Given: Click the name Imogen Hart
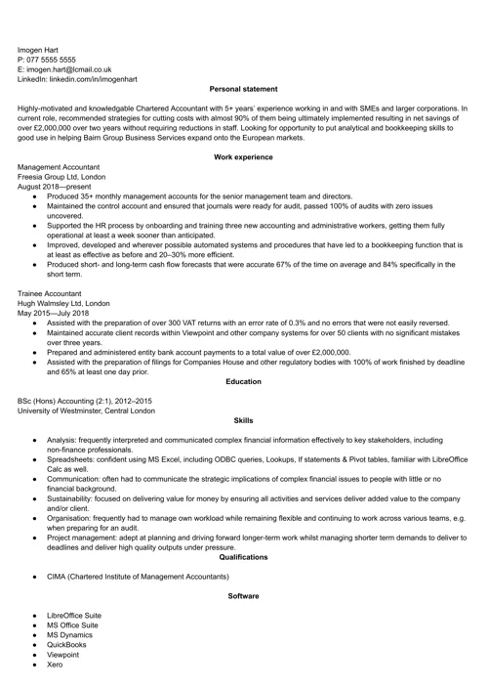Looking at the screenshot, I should tap(42, 48).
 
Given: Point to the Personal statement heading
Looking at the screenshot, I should tap(243, 89).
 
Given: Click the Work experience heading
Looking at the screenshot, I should tap(243, 157).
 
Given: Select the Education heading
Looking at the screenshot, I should tap(243, 380).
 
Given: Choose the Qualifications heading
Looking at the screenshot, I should tap(243, 556).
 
